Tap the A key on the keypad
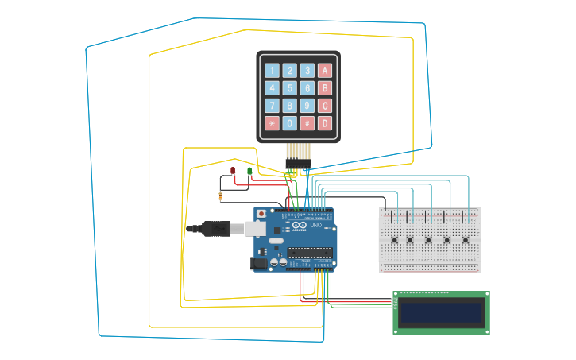pos(324,70)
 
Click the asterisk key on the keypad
pos(272,123)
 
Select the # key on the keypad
pos(307,123)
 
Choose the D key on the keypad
pos(324,123)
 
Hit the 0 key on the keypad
pos(289,123)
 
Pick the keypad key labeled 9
pos(307,106)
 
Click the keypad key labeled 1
pos(272,70)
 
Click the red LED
pos(233,171)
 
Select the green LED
pos(249,171)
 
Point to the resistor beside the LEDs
pos(220,196)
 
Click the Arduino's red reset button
pos(261,214)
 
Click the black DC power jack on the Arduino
pos(260,263)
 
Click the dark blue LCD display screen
pos(441,312)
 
